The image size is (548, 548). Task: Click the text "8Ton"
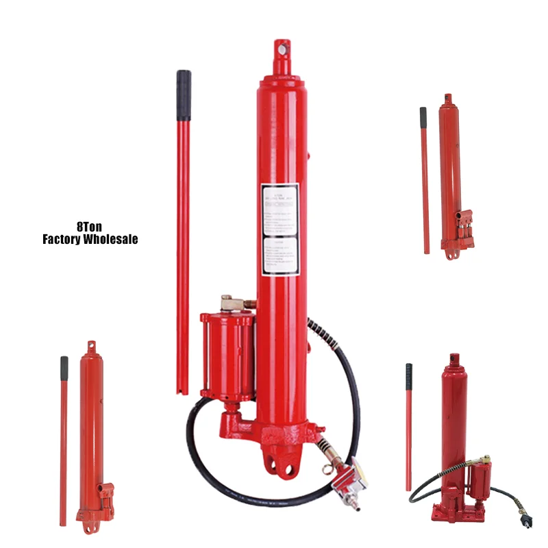pyautogui.click(x=90, y=226)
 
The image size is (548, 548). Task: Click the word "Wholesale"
pyautogui.click(x=110, y=239)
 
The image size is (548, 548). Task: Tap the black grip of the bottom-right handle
pyautogui.click(x=409, y=376)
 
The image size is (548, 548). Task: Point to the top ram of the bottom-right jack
pyautogui.click(x=453, y=359)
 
